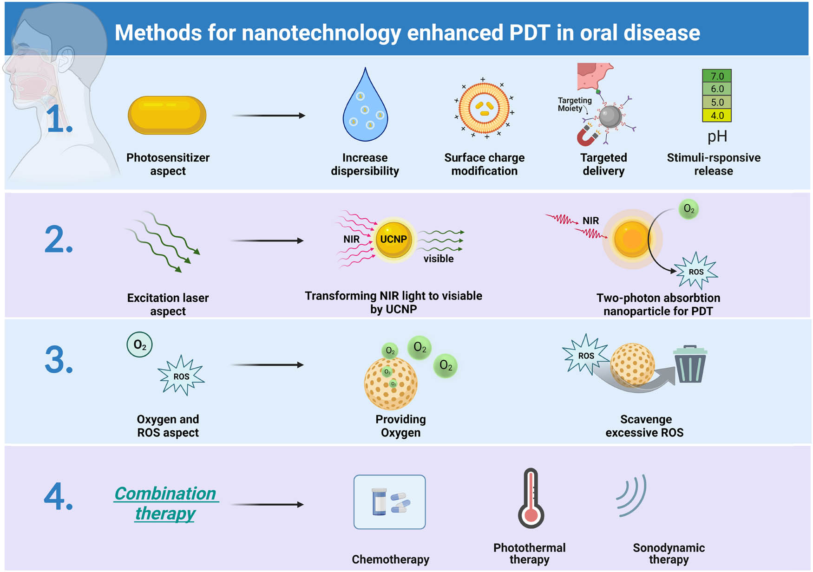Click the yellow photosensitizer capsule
point(167,115)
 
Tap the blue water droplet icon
point(365,109)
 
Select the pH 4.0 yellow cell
point(717,115)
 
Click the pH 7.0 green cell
point(717,76)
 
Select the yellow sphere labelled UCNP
point(393,240)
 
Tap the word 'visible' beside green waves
point(438,259)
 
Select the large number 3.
point(59,360)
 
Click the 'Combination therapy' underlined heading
point(165,503)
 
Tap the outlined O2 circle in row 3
point(139,344)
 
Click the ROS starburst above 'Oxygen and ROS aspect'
point(181,376)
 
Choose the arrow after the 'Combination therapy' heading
point(267,504)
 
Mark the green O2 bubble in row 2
point(688,209)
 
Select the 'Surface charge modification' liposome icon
point(484,108)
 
